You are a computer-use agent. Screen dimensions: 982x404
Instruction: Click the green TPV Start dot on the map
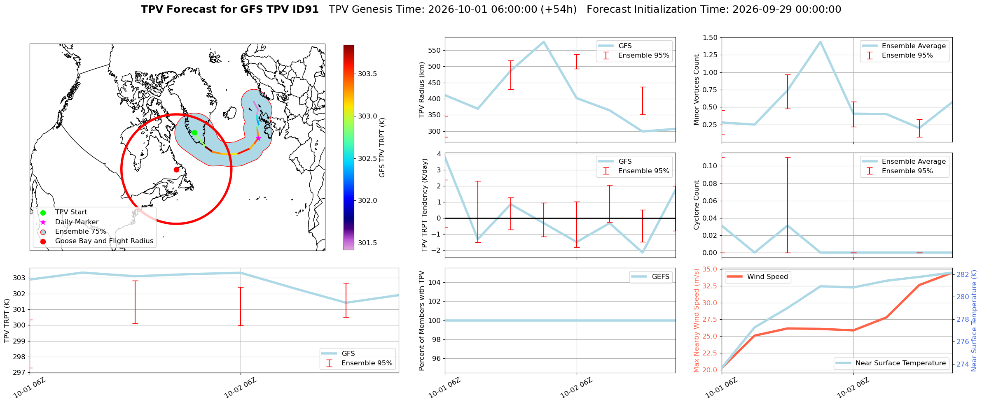click(x=194, y=132)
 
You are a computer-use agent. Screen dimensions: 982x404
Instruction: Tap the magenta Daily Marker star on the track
click(x=258, y=138)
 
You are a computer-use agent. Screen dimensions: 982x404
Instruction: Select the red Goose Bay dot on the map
click(x=176, y=169)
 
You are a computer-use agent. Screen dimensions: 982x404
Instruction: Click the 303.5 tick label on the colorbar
click(x=367, y=74)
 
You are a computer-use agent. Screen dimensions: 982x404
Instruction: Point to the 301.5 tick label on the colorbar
click(x=367, y=243)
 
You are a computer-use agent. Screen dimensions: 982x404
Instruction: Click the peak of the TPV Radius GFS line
click(x=544, y=42)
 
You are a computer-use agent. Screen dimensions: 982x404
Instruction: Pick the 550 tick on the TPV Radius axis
click(x=435, y=51)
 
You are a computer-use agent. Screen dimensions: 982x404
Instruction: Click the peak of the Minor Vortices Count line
click(x=821, y=42)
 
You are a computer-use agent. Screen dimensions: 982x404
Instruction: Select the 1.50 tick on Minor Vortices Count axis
click(x=711, y=38)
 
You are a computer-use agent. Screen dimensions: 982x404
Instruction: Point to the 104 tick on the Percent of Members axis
click(x=435, y=282)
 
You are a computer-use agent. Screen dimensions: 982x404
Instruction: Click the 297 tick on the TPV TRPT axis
click(x=19, y=373)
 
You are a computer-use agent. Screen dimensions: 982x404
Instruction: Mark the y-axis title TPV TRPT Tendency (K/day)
click(x=425, y=205)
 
